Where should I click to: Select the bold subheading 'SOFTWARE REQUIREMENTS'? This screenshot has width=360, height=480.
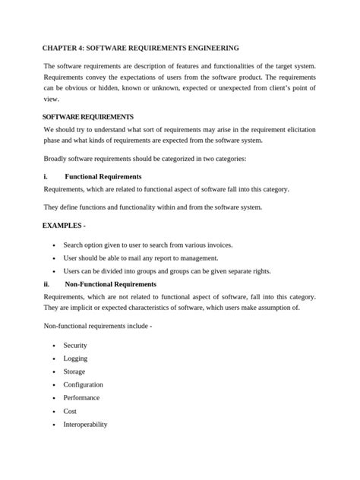(x=88, y=117)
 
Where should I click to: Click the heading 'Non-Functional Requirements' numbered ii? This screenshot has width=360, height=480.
(x=111, y=284)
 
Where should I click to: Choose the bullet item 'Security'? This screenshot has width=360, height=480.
(x=76, y=345)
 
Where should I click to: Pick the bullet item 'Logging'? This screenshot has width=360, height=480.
(x=75, y=358)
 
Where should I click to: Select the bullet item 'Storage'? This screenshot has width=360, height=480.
(x=74, y=371)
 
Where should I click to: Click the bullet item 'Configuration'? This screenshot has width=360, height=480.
(x=83, y=384)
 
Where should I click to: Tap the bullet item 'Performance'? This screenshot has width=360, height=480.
(x=81, y=397)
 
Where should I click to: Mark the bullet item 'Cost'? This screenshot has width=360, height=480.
(x=70, y=411)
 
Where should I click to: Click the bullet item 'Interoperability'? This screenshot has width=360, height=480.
(x=86, y=424)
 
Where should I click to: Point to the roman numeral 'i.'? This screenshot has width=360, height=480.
(x=46, y=176)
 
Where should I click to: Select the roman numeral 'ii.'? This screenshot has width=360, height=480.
(x=47, y=284)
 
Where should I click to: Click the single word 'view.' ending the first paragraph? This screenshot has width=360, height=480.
(x=51, y=99)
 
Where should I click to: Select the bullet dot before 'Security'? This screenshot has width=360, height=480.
(x=53, y=346)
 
